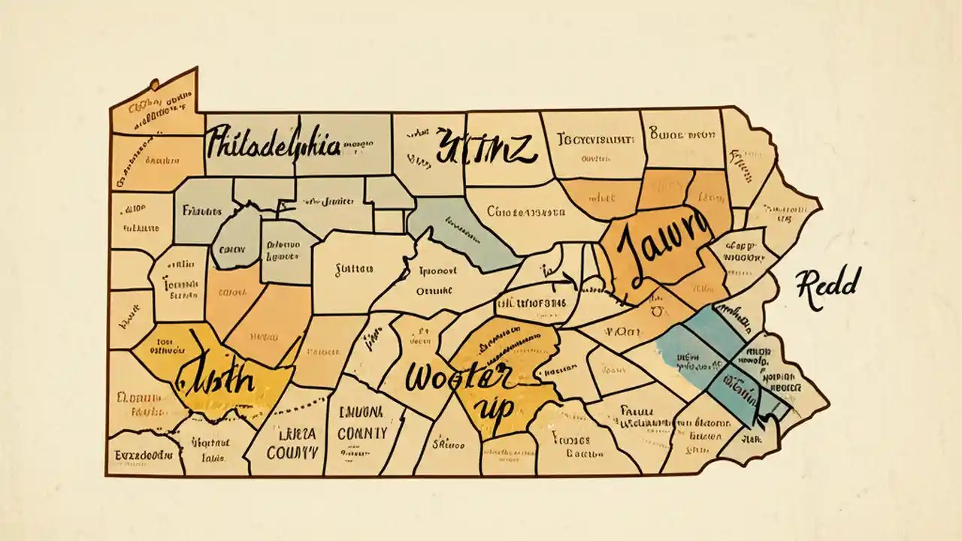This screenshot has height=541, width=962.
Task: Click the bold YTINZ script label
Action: coord(485,146)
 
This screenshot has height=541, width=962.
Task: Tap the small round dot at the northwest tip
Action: coord(155,83)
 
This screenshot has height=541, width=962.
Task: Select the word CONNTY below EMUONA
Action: coord(362,433)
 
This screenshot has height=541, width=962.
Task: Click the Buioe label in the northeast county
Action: coord(681,137)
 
